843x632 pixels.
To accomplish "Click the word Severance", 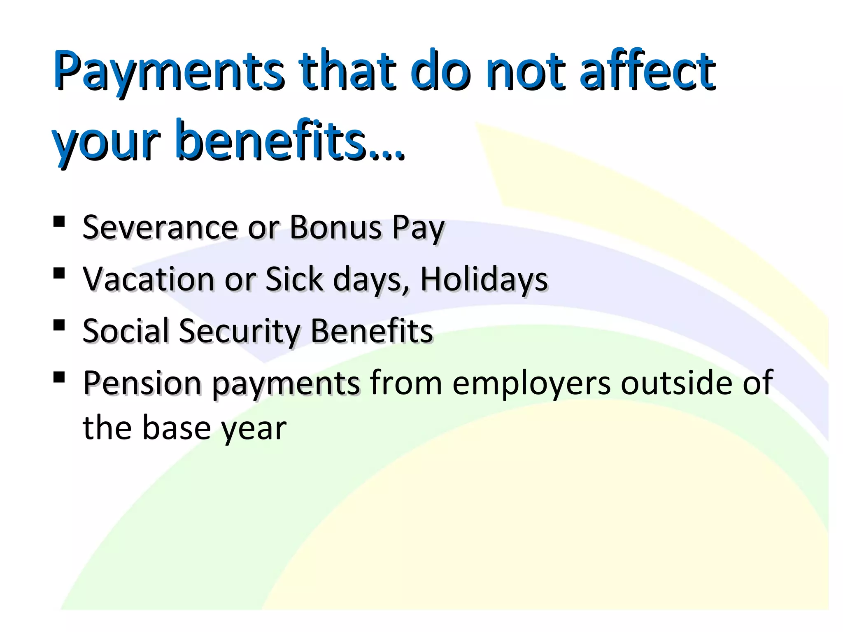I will pos(161,227).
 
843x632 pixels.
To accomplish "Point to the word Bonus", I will pos(336,227).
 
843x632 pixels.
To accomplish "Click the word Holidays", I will pos(484,279).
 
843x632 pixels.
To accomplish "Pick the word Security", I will pos(240,332).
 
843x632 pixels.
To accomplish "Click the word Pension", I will pos(142,383).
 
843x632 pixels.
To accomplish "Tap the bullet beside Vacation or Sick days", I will pos(59,273).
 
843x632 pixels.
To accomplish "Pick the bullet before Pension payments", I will pos(59,377).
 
